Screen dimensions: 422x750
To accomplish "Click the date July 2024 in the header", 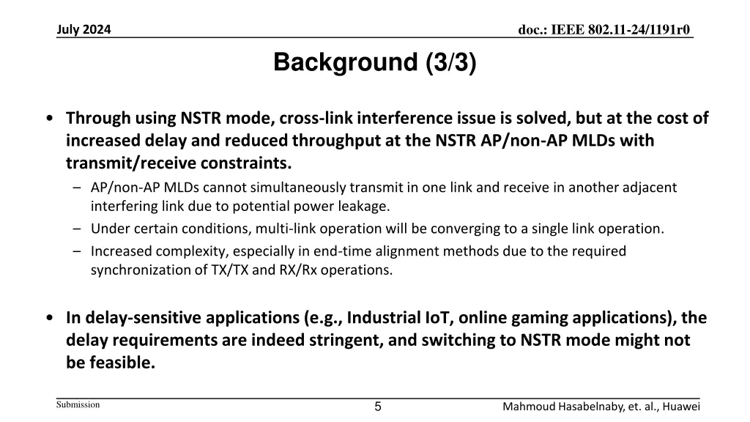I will pos(84,30).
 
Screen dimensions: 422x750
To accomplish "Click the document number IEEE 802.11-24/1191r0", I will pos(604,30).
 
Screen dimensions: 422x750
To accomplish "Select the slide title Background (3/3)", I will pos(375,64).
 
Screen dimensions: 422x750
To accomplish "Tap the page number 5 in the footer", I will pos(378,407).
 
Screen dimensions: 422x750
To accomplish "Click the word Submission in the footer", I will pos(78,405).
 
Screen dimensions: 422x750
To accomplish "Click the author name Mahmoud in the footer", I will pos(532,407).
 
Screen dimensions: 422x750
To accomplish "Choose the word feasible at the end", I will pos(126,362).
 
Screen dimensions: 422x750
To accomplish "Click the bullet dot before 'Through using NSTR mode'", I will pos(48,119).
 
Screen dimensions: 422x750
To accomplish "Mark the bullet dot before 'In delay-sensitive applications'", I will pos(48,319).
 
